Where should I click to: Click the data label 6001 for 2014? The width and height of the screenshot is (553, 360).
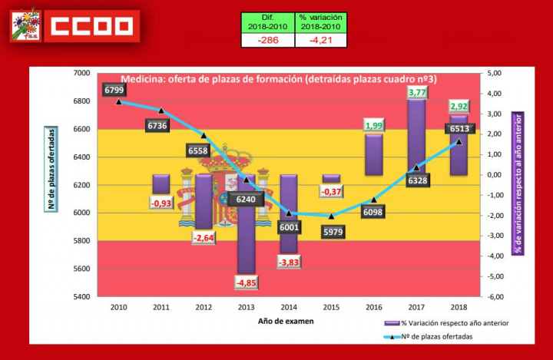(289, 227)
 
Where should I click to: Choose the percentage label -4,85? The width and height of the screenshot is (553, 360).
(246, 282)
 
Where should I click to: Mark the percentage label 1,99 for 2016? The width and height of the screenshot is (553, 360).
(374, 126)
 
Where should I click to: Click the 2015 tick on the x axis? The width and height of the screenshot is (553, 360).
(331, 305)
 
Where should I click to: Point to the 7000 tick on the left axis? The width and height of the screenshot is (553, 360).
(81, 73)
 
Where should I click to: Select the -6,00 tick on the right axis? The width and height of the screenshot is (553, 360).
(496, 296)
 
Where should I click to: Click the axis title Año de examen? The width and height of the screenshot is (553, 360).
(286, 320)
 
